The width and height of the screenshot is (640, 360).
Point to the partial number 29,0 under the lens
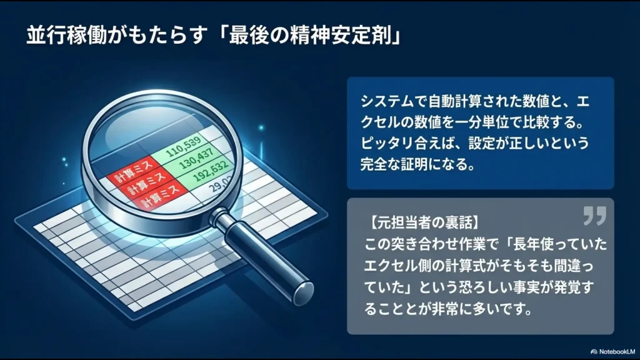coord(219,201)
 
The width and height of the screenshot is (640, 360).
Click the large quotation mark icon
coord(594,216)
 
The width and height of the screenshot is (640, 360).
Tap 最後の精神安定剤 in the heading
coord(327,35)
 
